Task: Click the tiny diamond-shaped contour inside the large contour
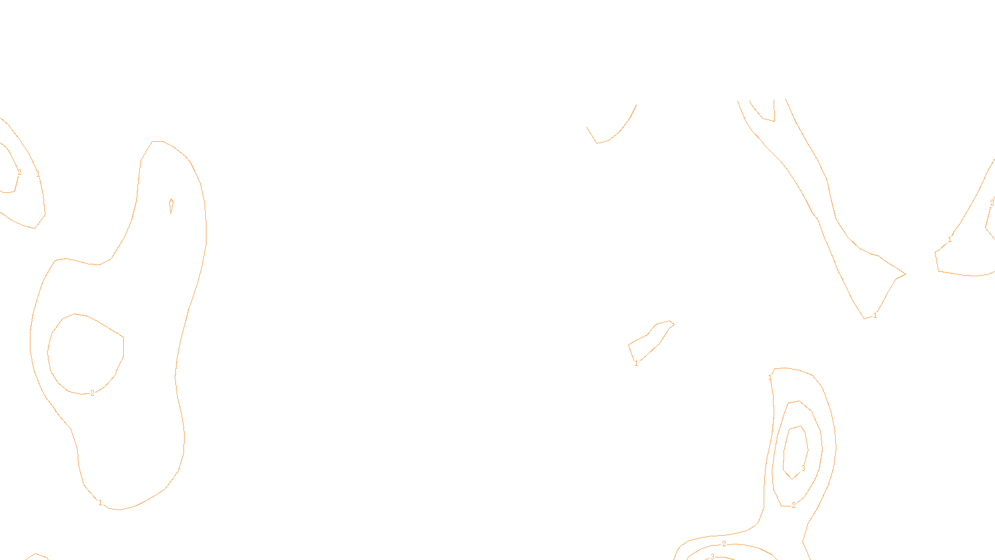tap(171, 206)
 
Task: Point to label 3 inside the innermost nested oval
tap(803, 469)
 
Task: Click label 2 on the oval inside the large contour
tap(92, 393)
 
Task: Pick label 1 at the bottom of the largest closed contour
tap(100, 503)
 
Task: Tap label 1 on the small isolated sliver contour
tap(636, 363)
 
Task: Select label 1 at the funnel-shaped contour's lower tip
tap(874, 315)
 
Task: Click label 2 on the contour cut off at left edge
tap(19, 172)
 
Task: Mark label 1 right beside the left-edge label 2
tap(38, 174)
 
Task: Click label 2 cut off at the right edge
tap(991, 203)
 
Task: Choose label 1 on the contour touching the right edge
tap(950, 240)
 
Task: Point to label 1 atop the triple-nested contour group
tap(770, 378)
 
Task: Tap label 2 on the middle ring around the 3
tap(794, 505)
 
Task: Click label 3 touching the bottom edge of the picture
tap(712, 556)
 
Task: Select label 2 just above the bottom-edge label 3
tap(724, 544)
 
